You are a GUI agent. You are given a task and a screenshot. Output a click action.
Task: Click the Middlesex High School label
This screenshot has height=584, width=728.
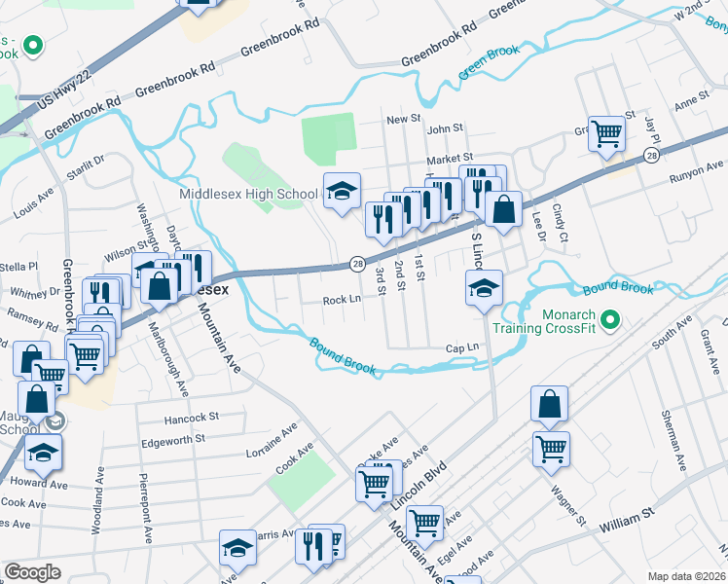click(x=249, y=194)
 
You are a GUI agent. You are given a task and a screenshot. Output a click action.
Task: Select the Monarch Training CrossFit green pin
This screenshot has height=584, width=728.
click(x=610, y=319)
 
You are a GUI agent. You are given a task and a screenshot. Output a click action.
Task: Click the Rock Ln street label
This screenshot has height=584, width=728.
click(x=342, y=301)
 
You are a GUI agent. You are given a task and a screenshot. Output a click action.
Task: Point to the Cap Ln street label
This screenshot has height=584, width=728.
click(x=462, y=347)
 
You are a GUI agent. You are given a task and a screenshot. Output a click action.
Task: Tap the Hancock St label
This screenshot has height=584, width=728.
click(x=193, y=418)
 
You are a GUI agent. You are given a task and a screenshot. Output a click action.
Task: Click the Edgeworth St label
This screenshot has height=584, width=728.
click(x=173, y=439)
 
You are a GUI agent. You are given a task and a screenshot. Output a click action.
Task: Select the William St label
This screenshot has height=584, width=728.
click(x=627, y=525)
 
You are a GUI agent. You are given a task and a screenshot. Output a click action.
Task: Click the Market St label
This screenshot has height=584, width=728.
click(x=449, y=157)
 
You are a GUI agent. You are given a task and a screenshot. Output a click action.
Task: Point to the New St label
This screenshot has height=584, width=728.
click(x=402, y=119)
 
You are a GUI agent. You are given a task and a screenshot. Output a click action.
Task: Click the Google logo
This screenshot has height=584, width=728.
click(x=32, y=572)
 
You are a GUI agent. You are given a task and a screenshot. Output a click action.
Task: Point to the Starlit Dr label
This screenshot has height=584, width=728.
click(x=87, y=166)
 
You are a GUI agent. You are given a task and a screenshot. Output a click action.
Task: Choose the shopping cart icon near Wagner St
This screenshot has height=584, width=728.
click(x=551, y=449)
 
